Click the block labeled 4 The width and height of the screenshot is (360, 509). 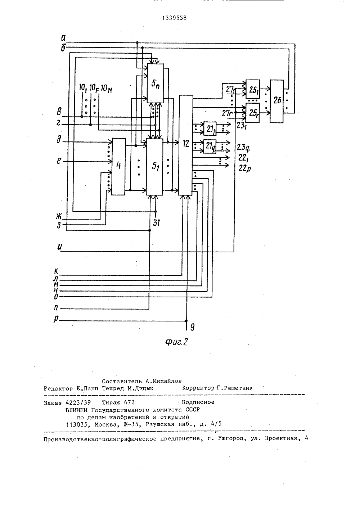pyautogui.click(x=118, y=166)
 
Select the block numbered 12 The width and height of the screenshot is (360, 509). pyautogui.click(x=186, y=145)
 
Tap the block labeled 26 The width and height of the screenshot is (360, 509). pyautogui.click(x=276, y=102)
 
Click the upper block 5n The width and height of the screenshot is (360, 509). pyautogui.click(x=156, y=83)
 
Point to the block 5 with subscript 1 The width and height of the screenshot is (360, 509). pyautogui.click(x=154, y=167)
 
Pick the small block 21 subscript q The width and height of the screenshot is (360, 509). pyautogui.click(x=210, y=147)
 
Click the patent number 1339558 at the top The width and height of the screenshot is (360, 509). pyautogui.click(x=175, y=18)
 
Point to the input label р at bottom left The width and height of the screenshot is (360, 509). pyautogui.click(x=56, y=319)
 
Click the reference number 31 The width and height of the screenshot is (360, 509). pyautogui.click(x=156, y=223)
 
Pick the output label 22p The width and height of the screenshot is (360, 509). pyautogui.click(x=245, y=168)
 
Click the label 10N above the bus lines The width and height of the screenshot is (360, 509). pyautogui.click(x=106, y=89)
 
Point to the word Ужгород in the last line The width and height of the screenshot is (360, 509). pyautogui.click(x=232, y=438)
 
